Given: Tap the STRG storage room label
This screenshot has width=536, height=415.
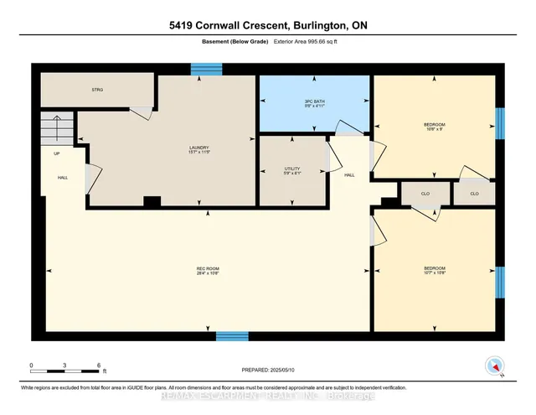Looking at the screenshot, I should click(x=97, y=88).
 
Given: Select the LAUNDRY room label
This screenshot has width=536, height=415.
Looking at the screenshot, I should click(x=198, y=148).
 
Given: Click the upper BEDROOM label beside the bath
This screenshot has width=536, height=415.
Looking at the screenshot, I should click(x=434, y=125).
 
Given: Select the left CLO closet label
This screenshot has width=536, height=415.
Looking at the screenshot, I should click(x=425, y=193).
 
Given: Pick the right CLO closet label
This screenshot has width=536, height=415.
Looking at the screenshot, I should click(x=474, y=193).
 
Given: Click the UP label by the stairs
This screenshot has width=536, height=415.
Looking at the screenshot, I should click(x=57, y=154).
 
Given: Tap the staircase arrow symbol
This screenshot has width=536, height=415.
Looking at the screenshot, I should click(x=57, y=129).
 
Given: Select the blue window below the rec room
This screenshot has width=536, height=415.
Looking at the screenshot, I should click(x=232, y=336).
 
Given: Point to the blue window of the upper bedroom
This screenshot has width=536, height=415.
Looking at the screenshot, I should click(x=499, y=124).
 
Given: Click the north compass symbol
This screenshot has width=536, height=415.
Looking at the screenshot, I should click(x=495, y=366).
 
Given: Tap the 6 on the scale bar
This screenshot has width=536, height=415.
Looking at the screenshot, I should click(x=100, y=366).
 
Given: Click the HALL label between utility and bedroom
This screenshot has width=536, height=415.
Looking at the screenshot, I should click(x=350, y=175).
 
